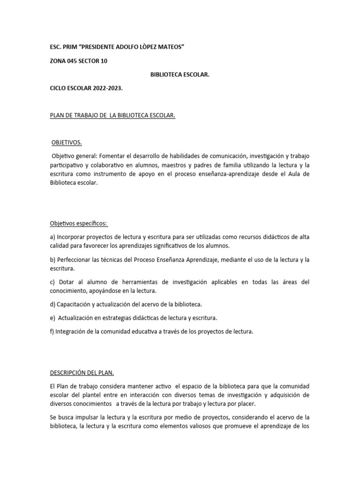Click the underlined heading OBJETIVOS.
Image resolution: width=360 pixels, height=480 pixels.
[67, 142]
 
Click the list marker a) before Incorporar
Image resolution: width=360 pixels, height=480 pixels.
[52, 237]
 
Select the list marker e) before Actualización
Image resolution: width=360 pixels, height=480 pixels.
[52, 318]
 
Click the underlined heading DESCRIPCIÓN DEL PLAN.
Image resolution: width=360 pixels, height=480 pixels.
[82, 373]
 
